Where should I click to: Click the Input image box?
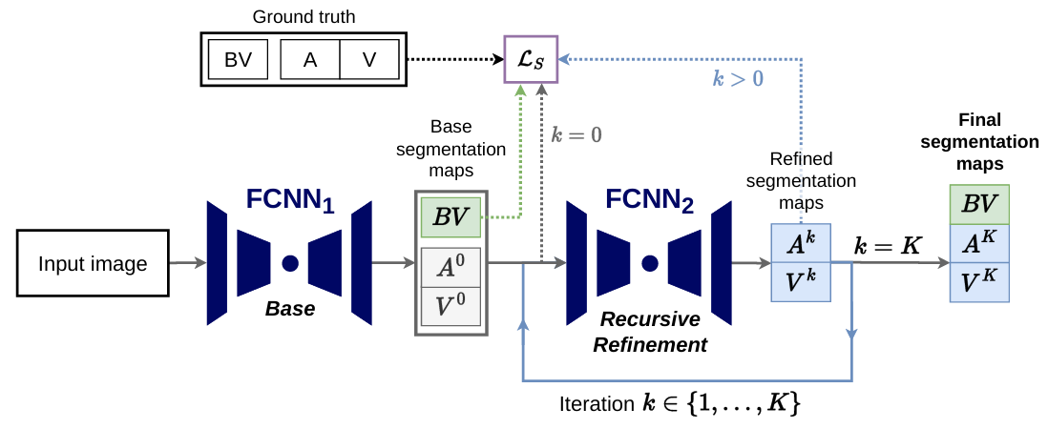coord(93,263)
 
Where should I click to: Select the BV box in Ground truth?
coord(238,60)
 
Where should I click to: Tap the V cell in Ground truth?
coord(368,60)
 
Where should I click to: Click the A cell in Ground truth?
coord(310,60)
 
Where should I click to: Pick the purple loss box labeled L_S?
coord(530,60)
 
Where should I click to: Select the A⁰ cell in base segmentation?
coord(451,268)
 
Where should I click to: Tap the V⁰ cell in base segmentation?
coord(451,306)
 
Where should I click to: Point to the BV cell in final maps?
coord(979,204)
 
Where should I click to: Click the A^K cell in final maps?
coord(979,243)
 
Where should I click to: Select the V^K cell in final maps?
coord(979,282)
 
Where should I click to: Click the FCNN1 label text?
coord(290,200)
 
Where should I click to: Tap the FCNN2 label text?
coord(649,200)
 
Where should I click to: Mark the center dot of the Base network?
coord(290,262)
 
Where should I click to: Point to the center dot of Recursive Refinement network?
coord(650,262)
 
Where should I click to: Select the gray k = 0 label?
coord(577,134)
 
